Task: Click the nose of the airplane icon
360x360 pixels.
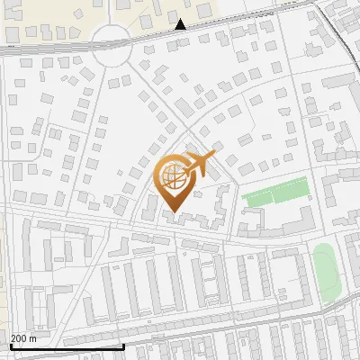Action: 212,157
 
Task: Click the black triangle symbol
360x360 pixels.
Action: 181,25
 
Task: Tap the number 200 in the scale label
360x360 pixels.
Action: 20,337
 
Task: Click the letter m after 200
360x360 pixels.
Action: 33,337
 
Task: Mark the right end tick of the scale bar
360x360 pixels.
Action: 123,344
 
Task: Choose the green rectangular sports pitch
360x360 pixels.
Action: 275,193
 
